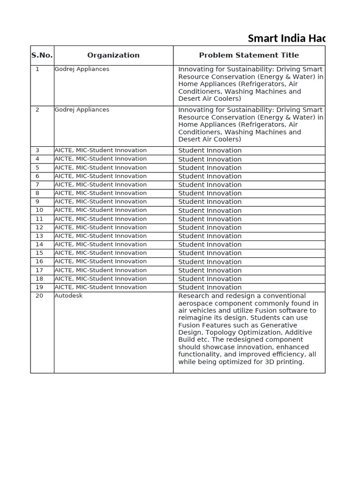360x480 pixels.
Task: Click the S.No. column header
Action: coord(42,55)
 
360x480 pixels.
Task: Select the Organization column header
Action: coord(113,55)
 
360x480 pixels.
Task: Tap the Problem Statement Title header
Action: coord(249,55)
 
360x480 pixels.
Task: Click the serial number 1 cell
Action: coord(37,69)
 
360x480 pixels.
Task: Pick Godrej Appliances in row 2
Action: coord(82,110)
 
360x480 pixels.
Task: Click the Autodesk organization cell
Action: coord(68,296)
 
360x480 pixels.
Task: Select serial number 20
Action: coord(39,296)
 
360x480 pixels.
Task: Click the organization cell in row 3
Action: coord(101,150)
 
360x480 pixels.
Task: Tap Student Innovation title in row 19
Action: coord(210,287)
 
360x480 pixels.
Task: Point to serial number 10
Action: coord(39,210)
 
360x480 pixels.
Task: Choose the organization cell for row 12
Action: coord(101,227)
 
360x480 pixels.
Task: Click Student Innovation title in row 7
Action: coord(210,185)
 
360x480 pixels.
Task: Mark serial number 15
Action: coord(39,253)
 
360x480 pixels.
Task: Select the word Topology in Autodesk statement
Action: coord(223,332)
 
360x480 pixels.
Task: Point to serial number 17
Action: coord(39,270)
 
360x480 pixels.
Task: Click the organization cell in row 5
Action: coord(101,167)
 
